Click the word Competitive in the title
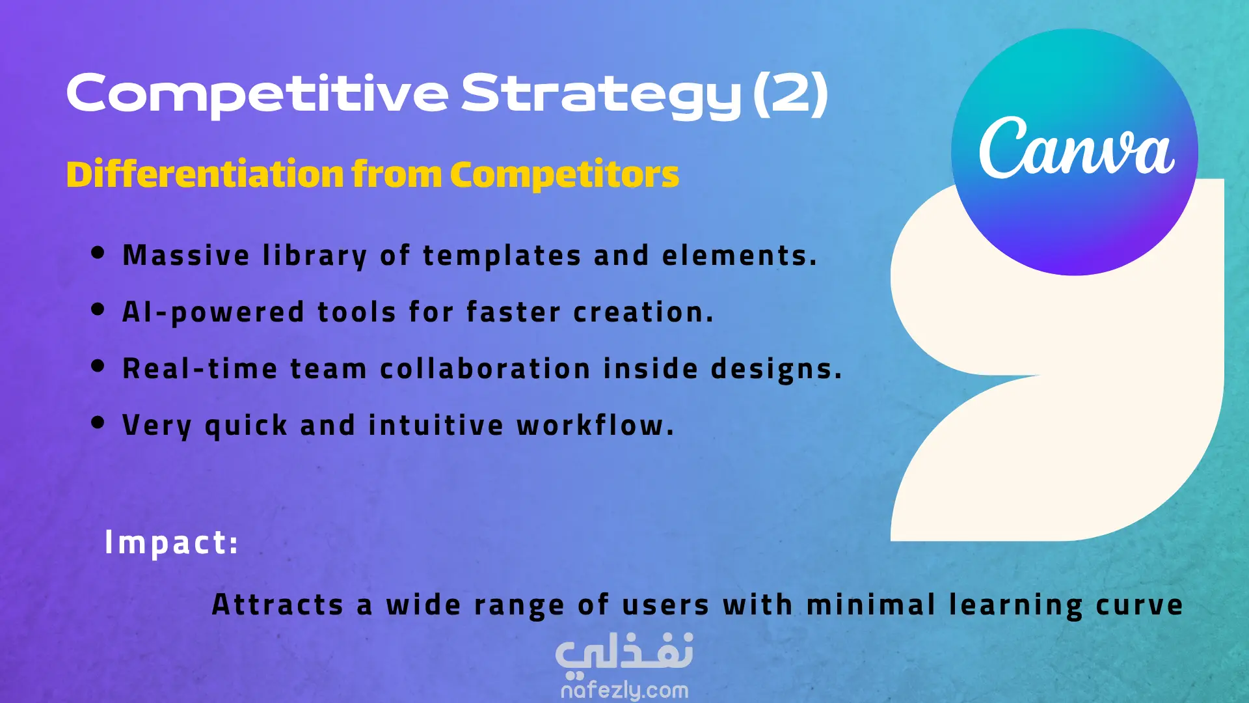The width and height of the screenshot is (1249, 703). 258,94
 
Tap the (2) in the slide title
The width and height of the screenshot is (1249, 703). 790,94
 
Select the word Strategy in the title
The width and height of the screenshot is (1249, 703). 602,95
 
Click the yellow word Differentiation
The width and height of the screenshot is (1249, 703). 205,174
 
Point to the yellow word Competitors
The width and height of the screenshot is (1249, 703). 564,174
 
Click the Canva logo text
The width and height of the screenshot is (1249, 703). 1077,148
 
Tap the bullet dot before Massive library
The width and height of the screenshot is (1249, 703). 98,253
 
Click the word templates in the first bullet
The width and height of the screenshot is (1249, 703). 502,256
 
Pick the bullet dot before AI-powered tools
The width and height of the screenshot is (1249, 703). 98,309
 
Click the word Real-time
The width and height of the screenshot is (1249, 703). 200,368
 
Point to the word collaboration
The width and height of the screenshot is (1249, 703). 485,368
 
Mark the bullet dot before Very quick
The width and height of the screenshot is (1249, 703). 98,422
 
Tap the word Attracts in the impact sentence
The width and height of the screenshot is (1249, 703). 278,605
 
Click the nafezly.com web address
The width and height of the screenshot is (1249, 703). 624,689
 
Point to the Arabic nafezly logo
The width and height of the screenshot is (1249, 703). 624,654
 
